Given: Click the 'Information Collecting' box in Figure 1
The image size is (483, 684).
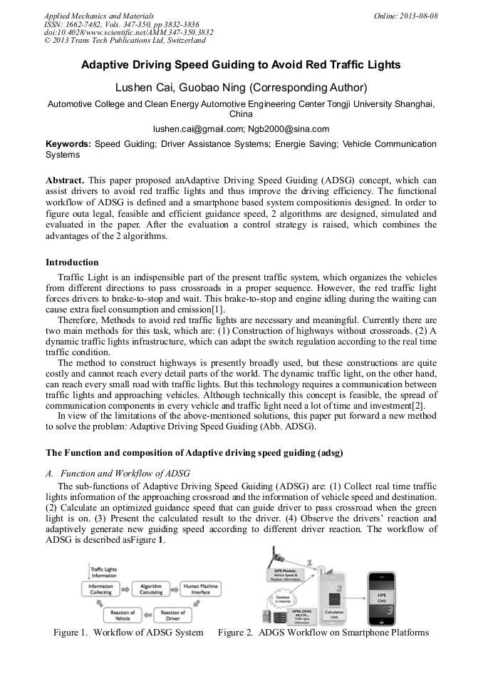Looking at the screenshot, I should (100, 589).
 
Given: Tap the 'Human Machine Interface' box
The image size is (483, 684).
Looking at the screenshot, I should (201, 589).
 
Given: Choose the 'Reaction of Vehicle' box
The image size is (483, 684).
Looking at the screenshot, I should (122, 615).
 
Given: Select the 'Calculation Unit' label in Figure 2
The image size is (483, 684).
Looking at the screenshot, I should (334, 613).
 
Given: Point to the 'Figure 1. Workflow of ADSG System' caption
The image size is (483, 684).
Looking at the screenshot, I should (128, 632).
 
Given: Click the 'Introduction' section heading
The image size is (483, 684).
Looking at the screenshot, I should (72, 262).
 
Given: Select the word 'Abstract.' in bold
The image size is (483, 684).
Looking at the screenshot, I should (65, 180).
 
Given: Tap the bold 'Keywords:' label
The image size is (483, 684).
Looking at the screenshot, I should (68, 144).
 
